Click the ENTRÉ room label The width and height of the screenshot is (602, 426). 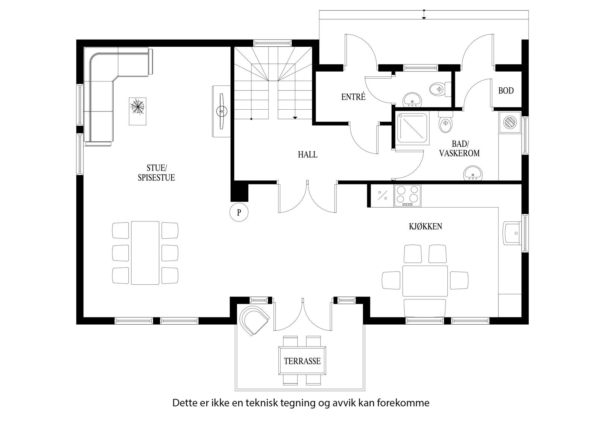[353, 97]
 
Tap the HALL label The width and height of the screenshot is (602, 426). [307, 154]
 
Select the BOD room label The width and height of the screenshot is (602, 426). [506, 91]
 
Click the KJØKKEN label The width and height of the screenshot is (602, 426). [425, 226]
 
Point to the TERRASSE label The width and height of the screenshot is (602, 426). [302, 361]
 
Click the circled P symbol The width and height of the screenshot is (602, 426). [239, 212]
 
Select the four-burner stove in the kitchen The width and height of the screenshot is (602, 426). [407, 195]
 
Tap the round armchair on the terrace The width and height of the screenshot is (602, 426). [255, 319]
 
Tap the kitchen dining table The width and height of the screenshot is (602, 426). [425, 281]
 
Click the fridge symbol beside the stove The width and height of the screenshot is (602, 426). [382, 195]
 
